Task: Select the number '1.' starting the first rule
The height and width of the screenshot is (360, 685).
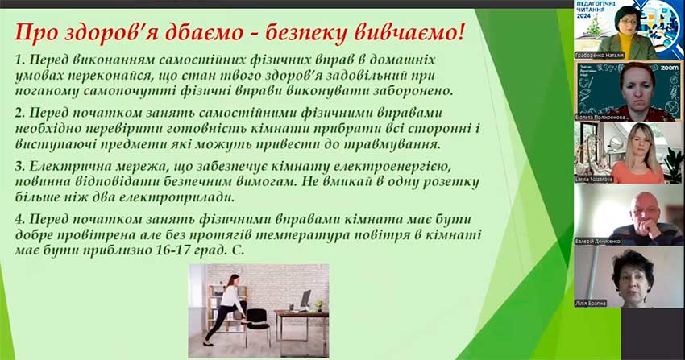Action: [22, 61]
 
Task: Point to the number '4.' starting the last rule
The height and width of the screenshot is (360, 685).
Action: [22, 221]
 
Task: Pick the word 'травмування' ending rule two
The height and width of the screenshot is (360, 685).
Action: [383, 144]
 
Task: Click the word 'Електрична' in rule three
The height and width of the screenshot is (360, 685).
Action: [65, 166]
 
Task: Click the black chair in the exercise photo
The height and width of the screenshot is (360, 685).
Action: [258, 319]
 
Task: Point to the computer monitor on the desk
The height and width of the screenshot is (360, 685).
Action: [305, 299]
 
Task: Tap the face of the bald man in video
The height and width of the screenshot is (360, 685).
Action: [641, 208]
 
